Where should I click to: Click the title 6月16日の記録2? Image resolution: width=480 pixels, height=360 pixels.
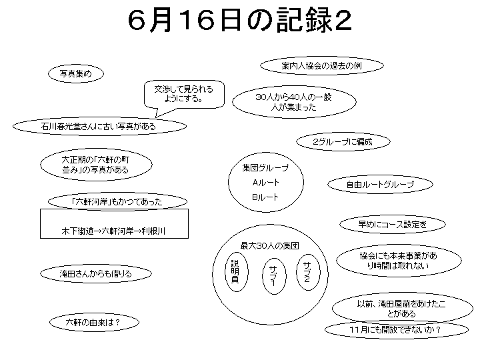(x=239, y=19)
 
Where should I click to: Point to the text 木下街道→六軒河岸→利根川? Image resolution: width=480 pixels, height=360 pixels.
(x=113, y=231)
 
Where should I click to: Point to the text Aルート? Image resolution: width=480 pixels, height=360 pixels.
(x=266, y=183)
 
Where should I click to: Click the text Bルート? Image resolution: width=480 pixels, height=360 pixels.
(x=265, y=197)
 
